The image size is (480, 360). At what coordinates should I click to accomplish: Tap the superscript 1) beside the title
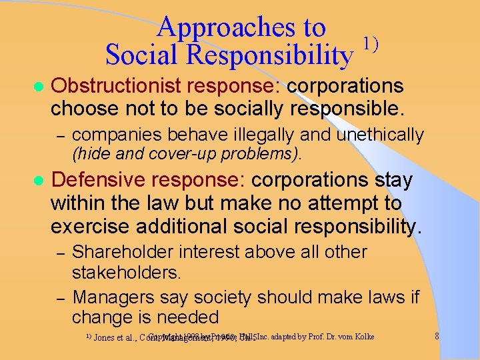pyautogui.click(x=370, y=44)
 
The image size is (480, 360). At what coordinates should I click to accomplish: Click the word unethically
pyautogui.click(x=380, y=135)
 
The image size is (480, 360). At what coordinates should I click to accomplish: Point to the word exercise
pyautogui.click(x=94, y=226)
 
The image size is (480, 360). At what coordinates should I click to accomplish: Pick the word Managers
pyautogui.click(x=111, y=296)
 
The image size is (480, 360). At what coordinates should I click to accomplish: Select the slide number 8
pyautogui.click(x=436, y=337)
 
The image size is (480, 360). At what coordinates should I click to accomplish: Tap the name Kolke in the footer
pyautogui.click(x=362, y=337)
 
